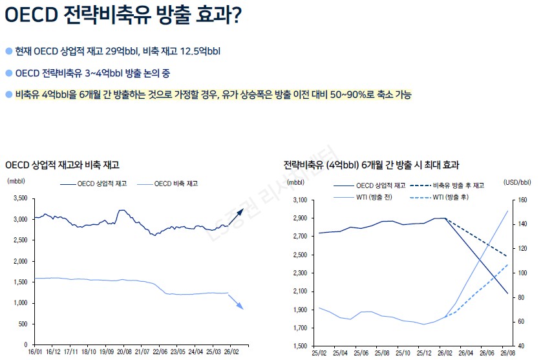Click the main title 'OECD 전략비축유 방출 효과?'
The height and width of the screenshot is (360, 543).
(x=123, y=16)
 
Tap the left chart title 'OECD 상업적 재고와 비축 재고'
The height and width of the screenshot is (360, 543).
(x=62, y=165)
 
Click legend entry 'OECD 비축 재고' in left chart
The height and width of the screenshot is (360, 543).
(x=176, y=184)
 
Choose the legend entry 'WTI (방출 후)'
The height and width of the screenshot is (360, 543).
(x=451, y=196)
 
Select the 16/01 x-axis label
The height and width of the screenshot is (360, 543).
(x=36, y=353)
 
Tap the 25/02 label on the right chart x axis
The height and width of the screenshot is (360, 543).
(x=320, y=353)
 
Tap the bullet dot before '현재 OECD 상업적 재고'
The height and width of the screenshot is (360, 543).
(x=8, y=50)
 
